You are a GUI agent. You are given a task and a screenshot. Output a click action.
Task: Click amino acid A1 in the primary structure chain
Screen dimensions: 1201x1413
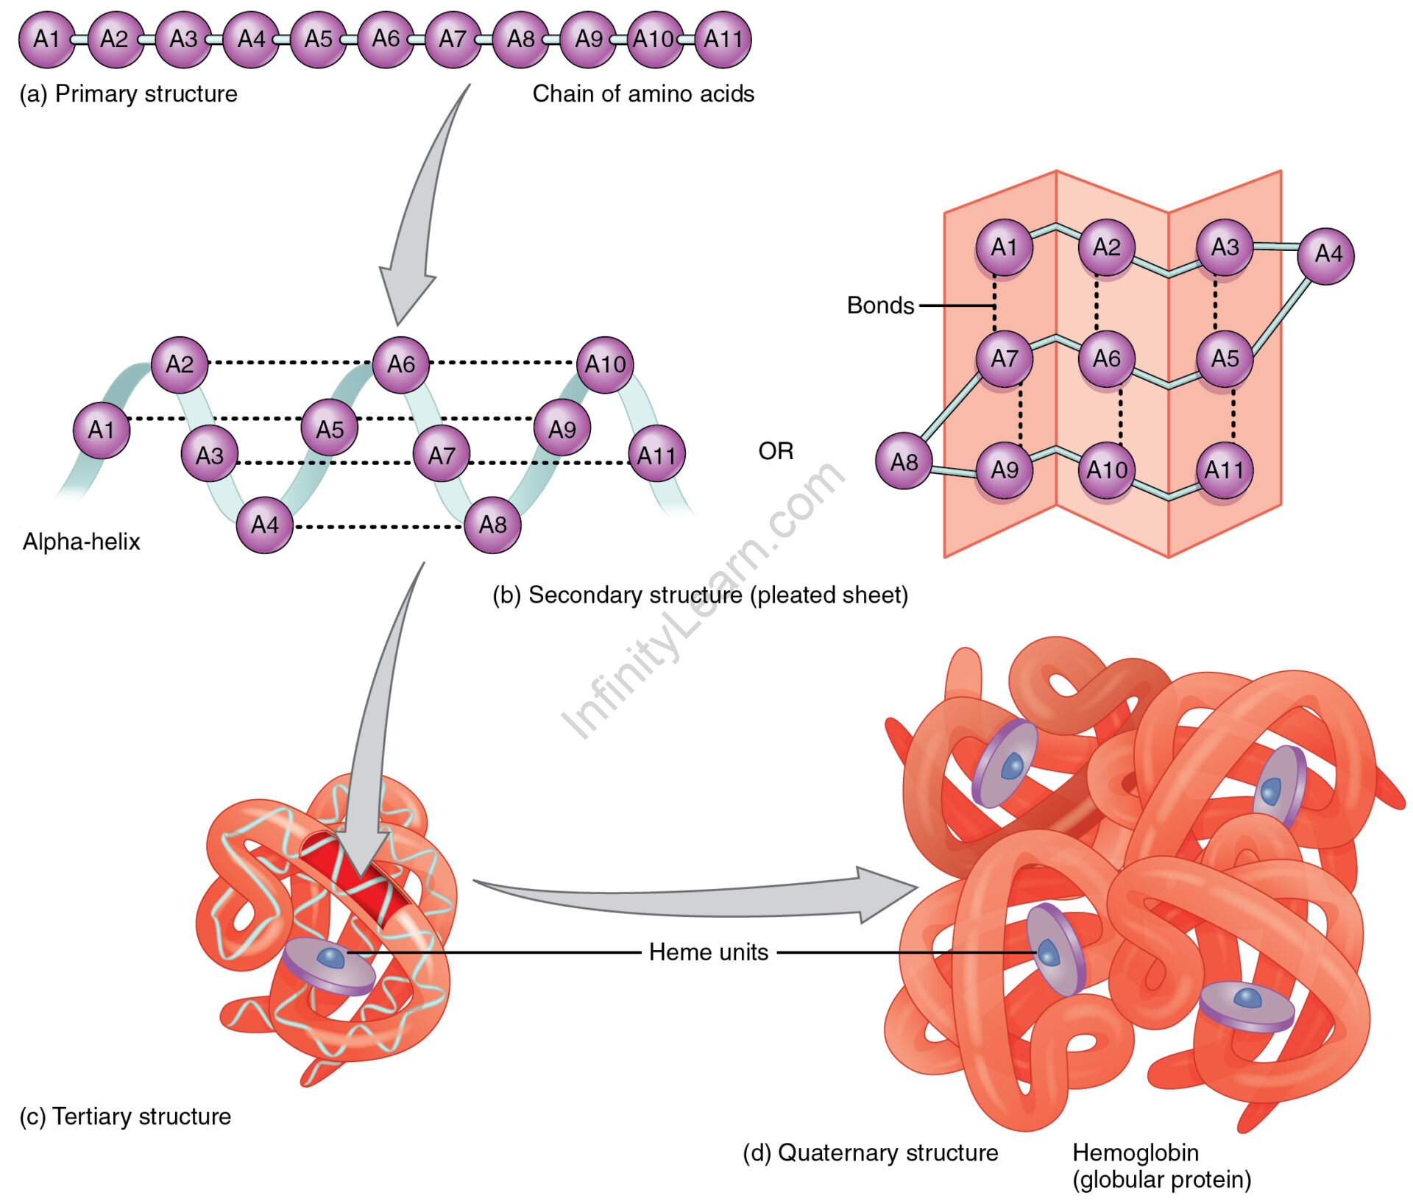(46, 39)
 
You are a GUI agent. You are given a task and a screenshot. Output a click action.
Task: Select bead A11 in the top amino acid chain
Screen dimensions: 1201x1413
(723, 39)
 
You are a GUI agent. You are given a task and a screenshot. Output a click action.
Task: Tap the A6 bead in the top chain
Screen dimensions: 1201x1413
(386, 39)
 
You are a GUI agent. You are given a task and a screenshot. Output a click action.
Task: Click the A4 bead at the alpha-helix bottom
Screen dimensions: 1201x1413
(265, 525)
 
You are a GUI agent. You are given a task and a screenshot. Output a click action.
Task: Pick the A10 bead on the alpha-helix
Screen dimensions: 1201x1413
(605, 364)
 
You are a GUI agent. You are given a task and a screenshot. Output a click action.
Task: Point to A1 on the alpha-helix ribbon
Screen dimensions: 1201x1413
(102, 430)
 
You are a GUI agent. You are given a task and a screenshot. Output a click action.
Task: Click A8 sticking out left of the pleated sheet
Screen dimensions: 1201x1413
(904, 461)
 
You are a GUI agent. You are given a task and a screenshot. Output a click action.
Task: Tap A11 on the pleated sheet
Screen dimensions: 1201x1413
(1224, 470)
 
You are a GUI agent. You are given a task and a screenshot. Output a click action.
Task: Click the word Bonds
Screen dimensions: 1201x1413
(880, 305)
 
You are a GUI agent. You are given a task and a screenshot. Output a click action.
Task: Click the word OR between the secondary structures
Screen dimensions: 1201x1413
(776, 451)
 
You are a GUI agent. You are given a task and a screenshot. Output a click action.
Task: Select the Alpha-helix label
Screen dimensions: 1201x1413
(81, 542)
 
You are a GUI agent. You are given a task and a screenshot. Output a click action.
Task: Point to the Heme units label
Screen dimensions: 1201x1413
(708, 952)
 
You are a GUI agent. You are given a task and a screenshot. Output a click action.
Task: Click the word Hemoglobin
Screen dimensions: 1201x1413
(1136, 1152)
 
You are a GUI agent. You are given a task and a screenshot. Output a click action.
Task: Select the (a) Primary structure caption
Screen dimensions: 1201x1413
(129, 94)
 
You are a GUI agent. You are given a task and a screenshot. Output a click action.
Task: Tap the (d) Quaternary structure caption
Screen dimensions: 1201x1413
(870, 1152)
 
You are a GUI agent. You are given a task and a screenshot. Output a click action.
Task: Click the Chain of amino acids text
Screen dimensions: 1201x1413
(643, 94)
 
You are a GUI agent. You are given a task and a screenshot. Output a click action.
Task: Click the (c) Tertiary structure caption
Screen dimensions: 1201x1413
(125, 1116)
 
